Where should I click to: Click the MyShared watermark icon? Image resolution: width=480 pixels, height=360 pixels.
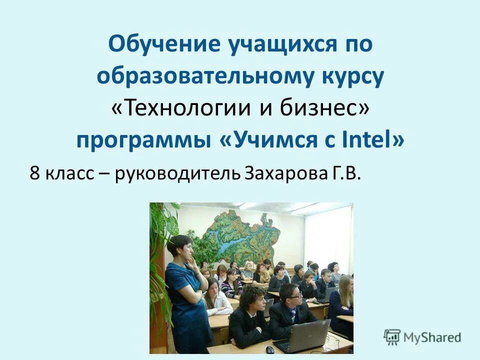(392, 337)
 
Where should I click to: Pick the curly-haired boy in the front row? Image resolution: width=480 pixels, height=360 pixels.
(250, 315)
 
